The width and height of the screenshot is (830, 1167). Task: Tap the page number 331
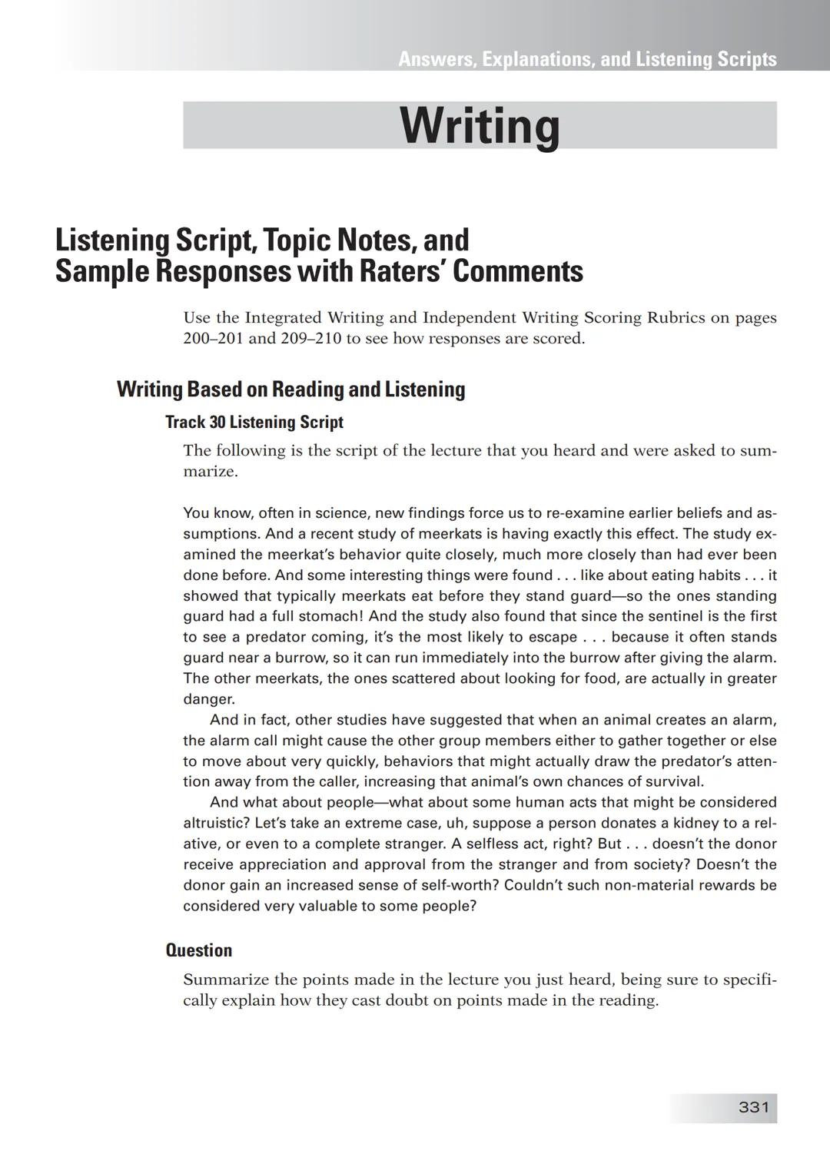(753, 1107)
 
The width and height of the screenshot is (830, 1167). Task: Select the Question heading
(199, 950)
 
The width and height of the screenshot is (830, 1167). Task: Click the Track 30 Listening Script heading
(254, 422)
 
